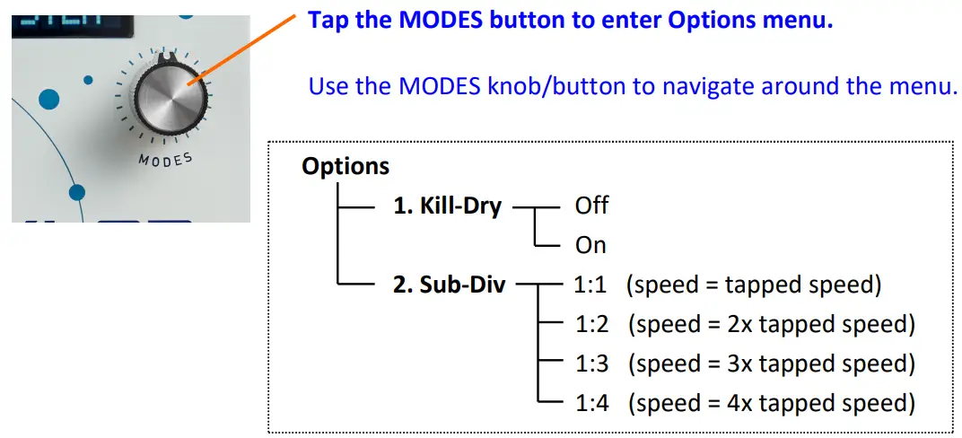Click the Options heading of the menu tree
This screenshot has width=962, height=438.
pyautogui.click(x=345, y=166)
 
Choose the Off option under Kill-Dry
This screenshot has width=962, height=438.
pyautogui.click(x=591, y=206)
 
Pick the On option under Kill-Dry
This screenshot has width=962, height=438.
pyautogui.click(x=590, y=245)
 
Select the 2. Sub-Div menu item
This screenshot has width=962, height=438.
pyautogui.click(x=449, y=286)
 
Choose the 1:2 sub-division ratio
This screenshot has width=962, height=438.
pyautogui.click(x=590, y=324)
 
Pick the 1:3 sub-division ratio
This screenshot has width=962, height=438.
pyautogui.click(x=590, y=364)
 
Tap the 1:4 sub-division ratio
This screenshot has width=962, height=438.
pyautogui.click(x=590, y=403)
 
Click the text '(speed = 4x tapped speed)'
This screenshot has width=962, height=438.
pyautogui.click(x=771, y=403)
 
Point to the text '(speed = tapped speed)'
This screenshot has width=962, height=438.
pyautogui.click(x=755, y=285)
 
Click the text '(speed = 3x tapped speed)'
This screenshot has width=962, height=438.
pyautogui.click(x=771, y=364)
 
